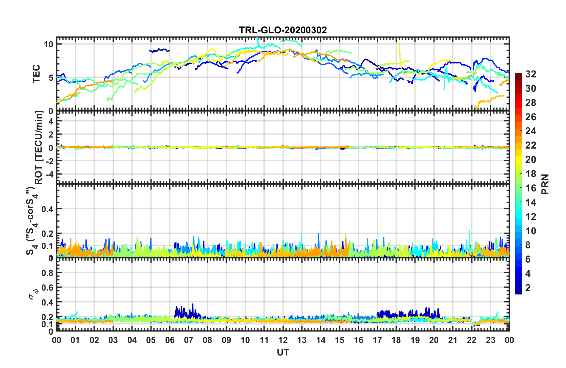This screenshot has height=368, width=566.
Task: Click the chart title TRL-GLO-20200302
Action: [283, 30]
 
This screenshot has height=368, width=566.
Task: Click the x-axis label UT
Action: [283, 353]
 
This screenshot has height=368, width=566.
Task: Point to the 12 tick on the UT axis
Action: [283, 340]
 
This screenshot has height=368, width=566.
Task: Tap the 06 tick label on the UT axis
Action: [170, 340]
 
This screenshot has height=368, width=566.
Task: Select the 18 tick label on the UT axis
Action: [396, 340]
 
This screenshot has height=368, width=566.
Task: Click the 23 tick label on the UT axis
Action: [490, 340]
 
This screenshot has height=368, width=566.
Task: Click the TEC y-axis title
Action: [36, 74]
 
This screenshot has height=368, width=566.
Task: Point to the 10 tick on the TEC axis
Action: [48, 44]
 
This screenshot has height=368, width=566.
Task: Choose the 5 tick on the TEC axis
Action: [51, 78]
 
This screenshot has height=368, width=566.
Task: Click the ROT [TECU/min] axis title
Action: [39, 147]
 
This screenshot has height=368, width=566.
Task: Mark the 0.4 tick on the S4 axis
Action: [47, 209]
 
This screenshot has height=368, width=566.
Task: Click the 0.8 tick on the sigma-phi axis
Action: [47, 273]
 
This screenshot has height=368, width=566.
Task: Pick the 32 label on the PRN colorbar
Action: [531, 74]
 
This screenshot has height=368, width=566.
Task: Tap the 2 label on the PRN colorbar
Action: [528, 288]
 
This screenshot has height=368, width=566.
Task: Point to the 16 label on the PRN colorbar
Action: [531, 188]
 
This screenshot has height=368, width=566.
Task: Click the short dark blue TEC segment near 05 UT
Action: [160, 50]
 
